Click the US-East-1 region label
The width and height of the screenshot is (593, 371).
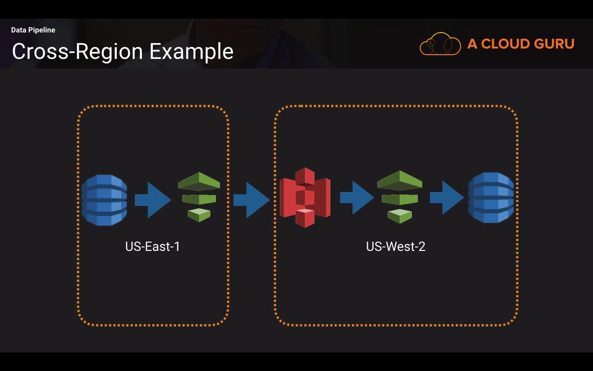tap(152, 246)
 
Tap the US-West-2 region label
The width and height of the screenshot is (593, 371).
tap(396, 246)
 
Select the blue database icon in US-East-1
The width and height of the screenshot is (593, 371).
tap(104, 200)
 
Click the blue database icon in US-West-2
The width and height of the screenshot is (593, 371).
tap(491, 198)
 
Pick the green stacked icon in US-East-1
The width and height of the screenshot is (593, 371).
tap(199, 197)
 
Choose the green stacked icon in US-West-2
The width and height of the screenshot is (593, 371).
tap(400, 197)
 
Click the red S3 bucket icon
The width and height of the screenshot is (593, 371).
tap(305, 198)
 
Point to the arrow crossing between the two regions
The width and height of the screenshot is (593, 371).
tap(251, 200)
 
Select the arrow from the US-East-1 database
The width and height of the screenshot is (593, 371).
tap(152, 200)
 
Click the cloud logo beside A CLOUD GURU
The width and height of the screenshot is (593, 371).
tap(440, 44)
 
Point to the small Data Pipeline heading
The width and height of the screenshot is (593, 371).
tap(33, 30)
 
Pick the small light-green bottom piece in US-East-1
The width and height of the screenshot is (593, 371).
tap(199, 215)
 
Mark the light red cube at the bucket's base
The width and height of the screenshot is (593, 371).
tap(305, 217)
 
